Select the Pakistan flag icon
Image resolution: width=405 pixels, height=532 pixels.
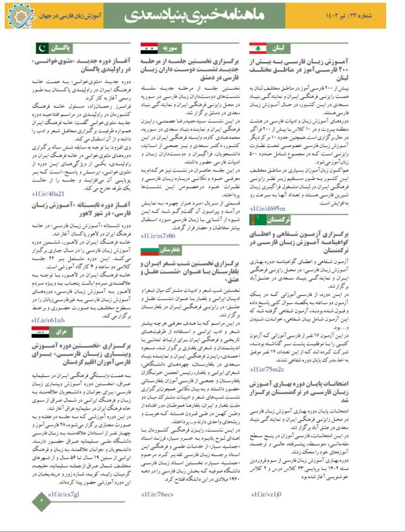pos(41,48)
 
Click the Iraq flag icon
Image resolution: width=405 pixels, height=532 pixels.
pos(41,333)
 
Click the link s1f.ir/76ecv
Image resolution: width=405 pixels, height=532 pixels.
pos(157,513)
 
